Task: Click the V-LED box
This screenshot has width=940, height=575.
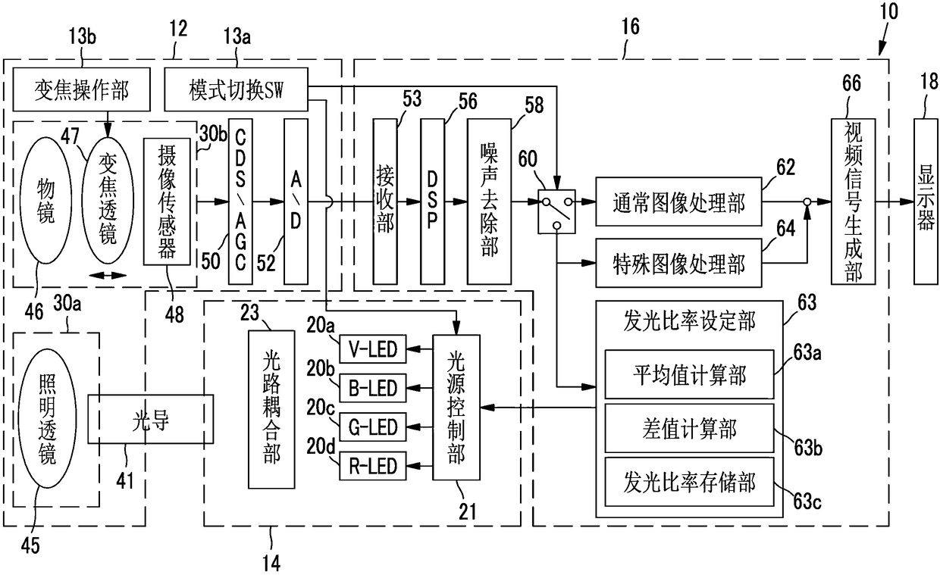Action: [x=373, y=349]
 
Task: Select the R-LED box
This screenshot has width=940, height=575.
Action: [x=373, y=466]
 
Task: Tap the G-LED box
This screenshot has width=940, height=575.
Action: [x=373, y=427]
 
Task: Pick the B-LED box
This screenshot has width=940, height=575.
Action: [x=373, y=388]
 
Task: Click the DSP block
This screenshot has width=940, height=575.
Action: [x=433, y=202]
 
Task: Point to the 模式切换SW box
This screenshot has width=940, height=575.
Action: [x=236, y=89]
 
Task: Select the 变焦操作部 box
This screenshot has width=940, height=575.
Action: [x=81, y=89]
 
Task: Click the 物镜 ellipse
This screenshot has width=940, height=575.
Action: [x=45, y=200]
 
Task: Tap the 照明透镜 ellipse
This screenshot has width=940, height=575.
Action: [x=46, y=418]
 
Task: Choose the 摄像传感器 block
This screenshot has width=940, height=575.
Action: [x=167, y=202]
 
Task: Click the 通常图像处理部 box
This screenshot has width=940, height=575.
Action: [x=678, y=202]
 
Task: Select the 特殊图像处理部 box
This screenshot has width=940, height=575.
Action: [x=678, y=263]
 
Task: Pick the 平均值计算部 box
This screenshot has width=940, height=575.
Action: [x=689, y=374]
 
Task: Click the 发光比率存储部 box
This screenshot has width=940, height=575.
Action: [x=689, y=482]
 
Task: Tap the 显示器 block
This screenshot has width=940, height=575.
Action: [x=926, y=202]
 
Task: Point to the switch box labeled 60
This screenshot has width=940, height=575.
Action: [x=557, y=211]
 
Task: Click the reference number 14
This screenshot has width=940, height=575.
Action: [x=271, y=562]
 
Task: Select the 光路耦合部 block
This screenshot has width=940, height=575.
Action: [x=271, y=409]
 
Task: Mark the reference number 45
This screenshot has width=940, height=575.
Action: [x=30, y=545]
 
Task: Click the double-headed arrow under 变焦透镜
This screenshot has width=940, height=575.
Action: [x=108, y=275]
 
